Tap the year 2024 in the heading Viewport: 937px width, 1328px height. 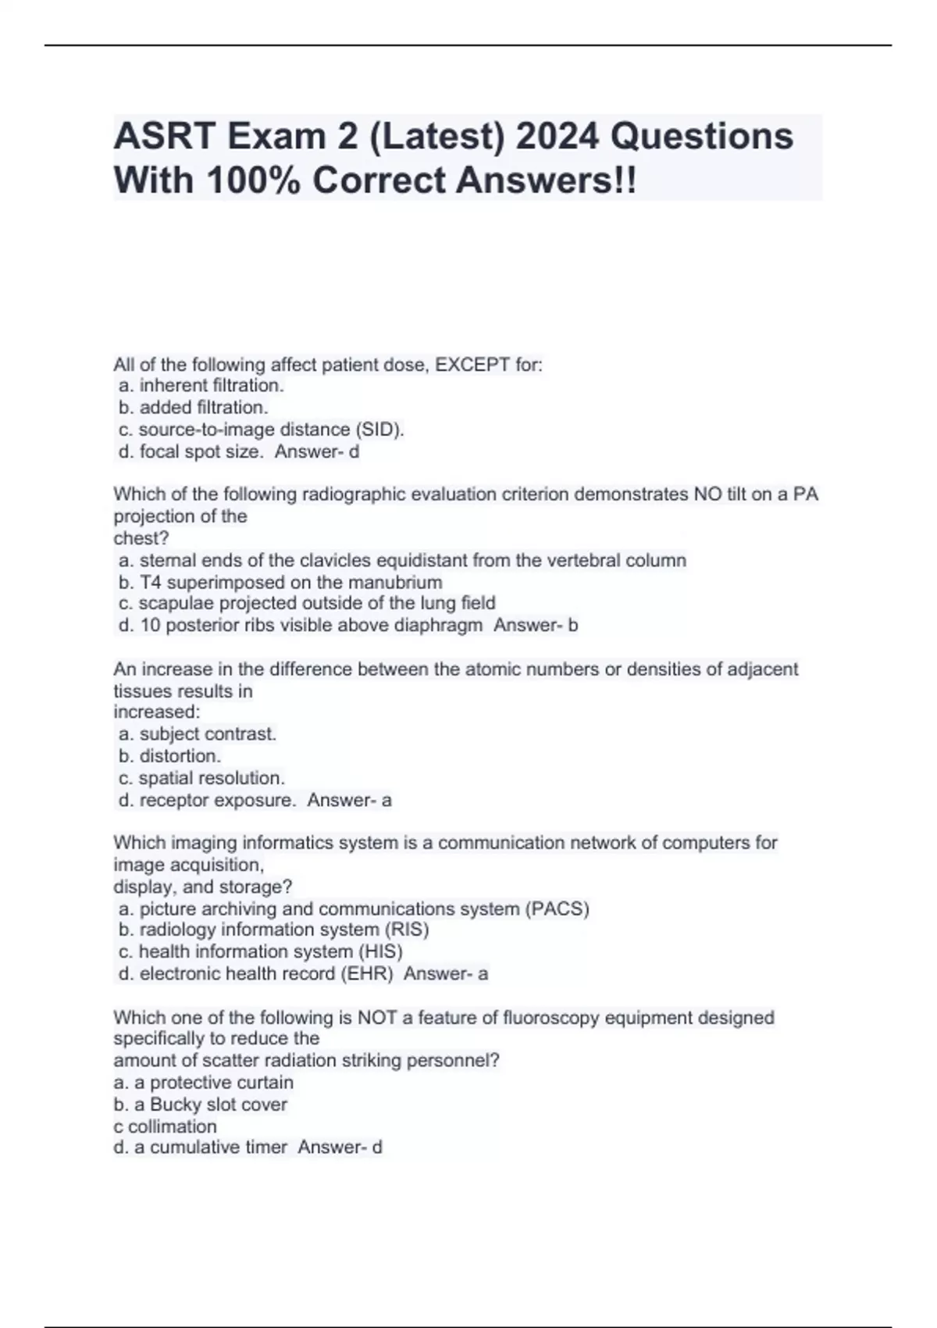[x=558, y=137]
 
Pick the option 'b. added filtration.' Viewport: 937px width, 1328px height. [x=194, y=407]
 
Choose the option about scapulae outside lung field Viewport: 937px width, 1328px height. [x=307, y=603]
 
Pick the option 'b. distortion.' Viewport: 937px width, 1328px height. [x=170, y=755]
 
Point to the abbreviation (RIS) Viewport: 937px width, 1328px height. [x=406, y=930]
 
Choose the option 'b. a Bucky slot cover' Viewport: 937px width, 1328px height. [x=200, y=1105]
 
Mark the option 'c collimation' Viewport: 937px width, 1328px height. [x=165, y=1126]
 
